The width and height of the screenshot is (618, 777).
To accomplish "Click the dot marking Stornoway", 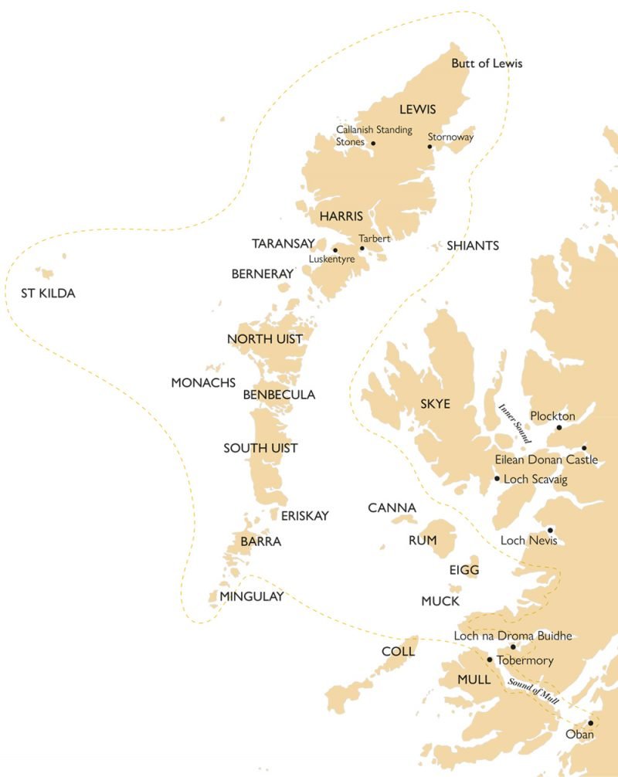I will click(430, 146).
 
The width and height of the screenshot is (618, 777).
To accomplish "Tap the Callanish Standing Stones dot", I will click(373, 143).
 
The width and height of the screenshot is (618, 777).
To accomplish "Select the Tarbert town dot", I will click(362, 248).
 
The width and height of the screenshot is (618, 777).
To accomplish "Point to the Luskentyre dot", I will click(334, 250).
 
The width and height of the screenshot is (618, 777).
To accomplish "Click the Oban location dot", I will click(590, 724).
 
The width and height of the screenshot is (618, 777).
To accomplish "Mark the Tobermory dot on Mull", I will click(489, 660).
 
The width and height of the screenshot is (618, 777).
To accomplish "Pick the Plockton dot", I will click(558, 427).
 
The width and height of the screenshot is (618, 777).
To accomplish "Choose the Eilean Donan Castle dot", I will click(584, 448).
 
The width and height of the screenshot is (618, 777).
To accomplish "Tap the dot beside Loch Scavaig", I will click(497, 479).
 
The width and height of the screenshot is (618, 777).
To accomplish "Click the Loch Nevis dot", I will click(550, 530).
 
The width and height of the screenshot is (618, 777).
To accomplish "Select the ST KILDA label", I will click(48, 293).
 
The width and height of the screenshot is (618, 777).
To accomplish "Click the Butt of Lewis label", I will click(487, 63).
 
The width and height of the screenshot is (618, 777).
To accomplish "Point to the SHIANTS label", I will click(473, 246).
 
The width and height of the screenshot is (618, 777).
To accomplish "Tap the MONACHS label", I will click(203, 382).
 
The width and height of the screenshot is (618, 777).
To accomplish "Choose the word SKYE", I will click(435, 404).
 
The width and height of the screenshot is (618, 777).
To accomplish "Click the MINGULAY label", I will click(251, 595).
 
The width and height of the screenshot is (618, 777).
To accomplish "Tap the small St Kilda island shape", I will click(47, 273).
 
